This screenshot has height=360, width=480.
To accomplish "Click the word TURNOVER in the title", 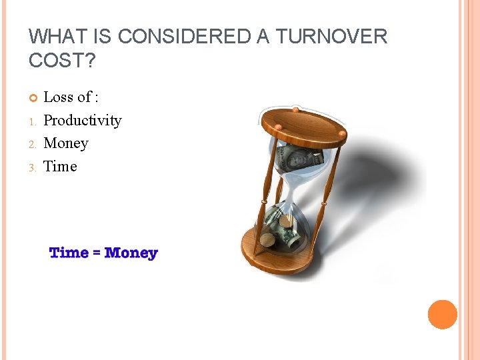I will (331, 37).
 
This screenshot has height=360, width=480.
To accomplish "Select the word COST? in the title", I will (62, 60).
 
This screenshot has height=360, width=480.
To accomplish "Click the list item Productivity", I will (82, 121).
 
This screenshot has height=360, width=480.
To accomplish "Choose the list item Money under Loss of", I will (65, 143).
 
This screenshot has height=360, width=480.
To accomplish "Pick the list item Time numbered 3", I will (60, 167).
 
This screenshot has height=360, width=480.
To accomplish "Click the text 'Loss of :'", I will (71, 97).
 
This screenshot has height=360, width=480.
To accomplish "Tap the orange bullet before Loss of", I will (33, 99).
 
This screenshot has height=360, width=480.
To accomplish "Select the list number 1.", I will (32, 122).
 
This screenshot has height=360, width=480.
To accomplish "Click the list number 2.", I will (32, 145).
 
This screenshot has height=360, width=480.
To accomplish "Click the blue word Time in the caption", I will (69, 253).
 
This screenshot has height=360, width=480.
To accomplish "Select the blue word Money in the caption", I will (131, 253).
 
